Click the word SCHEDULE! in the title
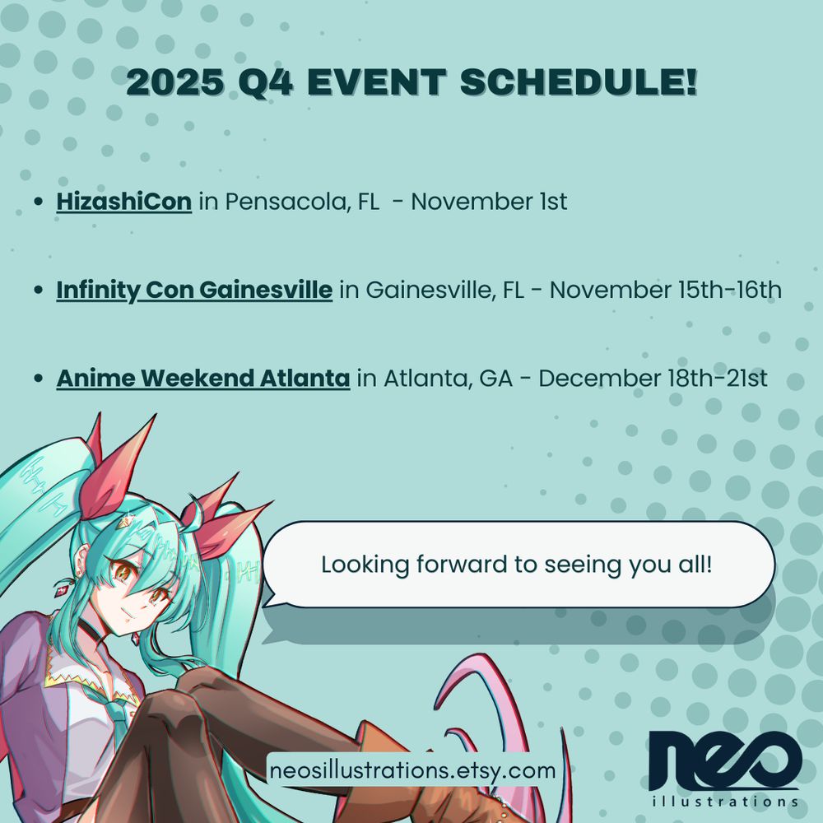point(579,81)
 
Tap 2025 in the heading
point(175,81)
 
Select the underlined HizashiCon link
point(124,202)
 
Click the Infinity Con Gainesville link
point(194,290)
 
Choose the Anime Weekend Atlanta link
point(203,378)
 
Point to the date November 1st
point(489,202)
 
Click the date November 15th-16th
point(666,290)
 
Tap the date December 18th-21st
point(653,378)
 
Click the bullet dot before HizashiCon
point(38,202)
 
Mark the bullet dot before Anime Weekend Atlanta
point(38,378)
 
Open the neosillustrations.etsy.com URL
point(412,770)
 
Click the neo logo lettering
point(725,760)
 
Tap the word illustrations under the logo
point(725,802)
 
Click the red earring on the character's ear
point(63,589)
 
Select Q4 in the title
point(266,81)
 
